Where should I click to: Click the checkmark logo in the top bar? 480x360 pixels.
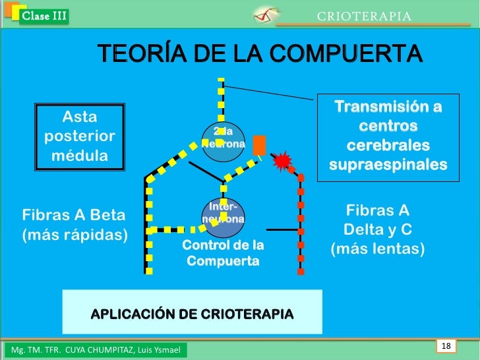click(x=266, y=15)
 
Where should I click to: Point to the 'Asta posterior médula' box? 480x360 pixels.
click(x=80, y=136)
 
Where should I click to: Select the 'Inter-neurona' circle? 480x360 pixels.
click(x=224, y=217)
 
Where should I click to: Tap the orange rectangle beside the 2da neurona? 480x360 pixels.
click(x=259, y=145)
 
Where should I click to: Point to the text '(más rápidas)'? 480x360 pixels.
click(x=75, y=235)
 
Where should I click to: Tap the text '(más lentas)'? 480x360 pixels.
click(x=377, y=250)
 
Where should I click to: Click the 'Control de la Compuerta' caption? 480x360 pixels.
click(x=223, y=253)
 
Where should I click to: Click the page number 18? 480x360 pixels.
click(x=446, y=346)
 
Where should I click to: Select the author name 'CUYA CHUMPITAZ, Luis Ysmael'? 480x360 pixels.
click(x=125, y=348)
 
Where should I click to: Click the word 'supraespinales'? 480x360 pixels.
click(x=388, y=164)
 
